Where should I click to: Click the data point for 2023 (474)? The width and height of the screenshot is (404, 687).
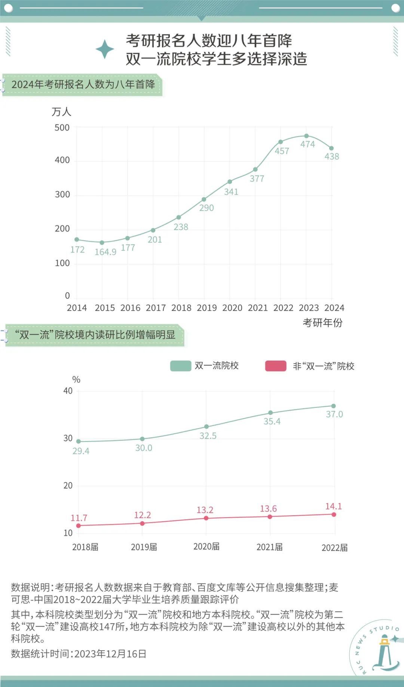[x=306, y=136]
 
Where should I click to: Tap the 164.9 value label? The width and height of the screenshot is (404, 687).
[x=105, y=252]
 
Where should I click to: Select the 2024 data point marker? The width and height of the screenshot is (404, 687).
[x=331, y=149]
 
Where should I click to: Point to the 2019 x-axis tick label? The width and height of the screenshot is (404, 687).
[x=207, y=308]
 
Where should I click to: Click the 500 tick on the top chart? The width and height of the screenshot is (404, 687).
[x=62, y=128]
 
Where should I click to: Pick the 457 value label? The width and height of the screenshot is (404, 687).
[x=282, y=151]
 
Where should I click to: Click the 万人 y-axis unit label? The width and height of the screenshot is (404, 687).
[x=61, y=112]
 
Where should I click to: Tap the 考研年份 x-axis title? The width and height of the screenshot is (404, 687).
[x=322, y=323]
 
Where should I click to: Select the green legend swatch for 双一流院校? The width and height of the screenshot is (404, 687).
[x=181, y=366]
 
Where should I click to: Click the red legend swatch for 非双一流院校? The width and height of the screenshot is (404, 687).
[x=276, y=366]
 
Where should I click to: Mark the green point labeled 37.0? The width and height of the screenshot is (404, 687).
[x=333, y=406]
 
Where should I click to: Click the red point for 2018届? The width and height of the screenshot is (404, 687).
[x=79, y=526]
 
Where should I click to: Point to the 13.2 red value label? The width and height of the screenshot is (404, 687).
[x=205, y=510]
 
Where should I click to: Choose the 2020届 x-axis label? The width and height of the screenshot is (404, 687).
[x=206, y=547]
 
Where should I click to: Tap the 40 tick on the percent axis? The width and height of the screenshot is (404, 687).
[x=68, y=391]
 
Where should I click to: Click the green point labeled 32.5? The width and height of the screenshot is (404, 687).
[x=206, y=427]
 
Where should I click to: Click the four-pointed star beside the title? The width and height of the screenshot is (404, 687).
[x=105, y=49]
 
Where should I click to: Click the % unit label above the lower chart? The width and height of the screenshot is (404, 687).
[x=76, y=380]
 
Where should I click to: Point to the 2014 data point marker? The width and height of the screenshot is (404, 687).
[x=77, y=239]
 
